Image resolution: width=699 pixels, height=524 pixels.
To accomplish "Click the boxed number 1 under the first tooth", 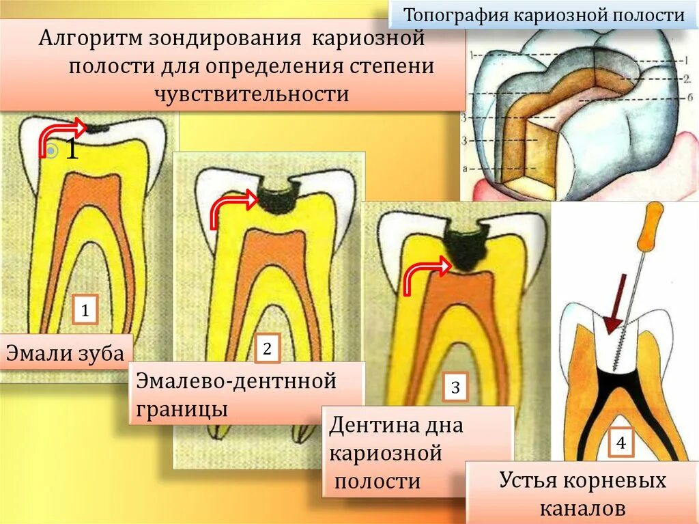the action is point(85,310).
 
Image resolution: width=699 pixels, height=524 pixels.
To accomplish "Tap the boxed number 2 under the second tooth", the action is point(267,349).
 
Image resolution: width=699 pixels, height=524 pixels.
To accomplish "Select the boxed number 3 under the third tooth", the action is point(455,389).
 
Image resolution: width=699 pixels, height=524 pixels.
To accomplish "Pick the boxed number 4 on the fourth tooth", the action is point(621,443).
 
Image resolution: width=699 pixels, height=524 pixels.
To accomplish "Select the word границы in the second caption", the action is point(182,410).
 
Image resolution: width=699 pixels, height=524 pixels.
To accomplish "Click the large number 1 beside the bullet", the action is point(72,149).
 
